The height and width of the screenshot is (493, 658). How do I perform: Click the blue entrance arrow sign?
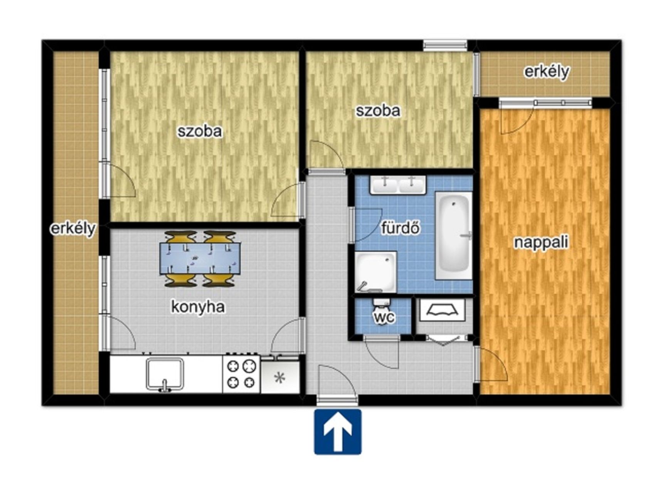point(338,432)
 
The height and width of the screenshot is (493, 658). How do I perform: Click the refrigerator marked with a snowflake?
point(280,377)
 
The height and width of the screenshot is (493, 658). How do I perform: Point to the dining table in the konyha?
point(200,258)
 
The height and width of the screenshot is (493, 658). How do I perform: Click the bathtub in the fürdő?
point(454,236)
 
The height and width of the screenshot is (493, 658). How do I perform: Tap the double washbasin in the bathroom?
point(398,185)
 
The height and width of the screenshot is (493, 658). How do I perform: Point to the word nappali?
point(541,243)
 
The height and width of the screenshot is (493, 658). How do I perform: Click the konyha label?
point(198,307)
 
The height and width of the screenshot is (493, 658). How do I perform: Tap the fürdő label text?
point(400,228)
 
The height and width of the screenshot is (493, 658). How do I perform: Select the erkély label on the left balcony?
point(73,229)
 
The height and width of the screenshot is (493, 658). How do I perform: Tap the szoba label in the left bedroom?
point(200,131)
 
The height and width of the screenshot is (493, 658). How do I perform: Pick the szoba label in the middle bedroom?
point(378,111)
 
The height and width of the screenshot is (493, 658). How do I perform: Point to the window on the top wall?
point(445,45)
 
